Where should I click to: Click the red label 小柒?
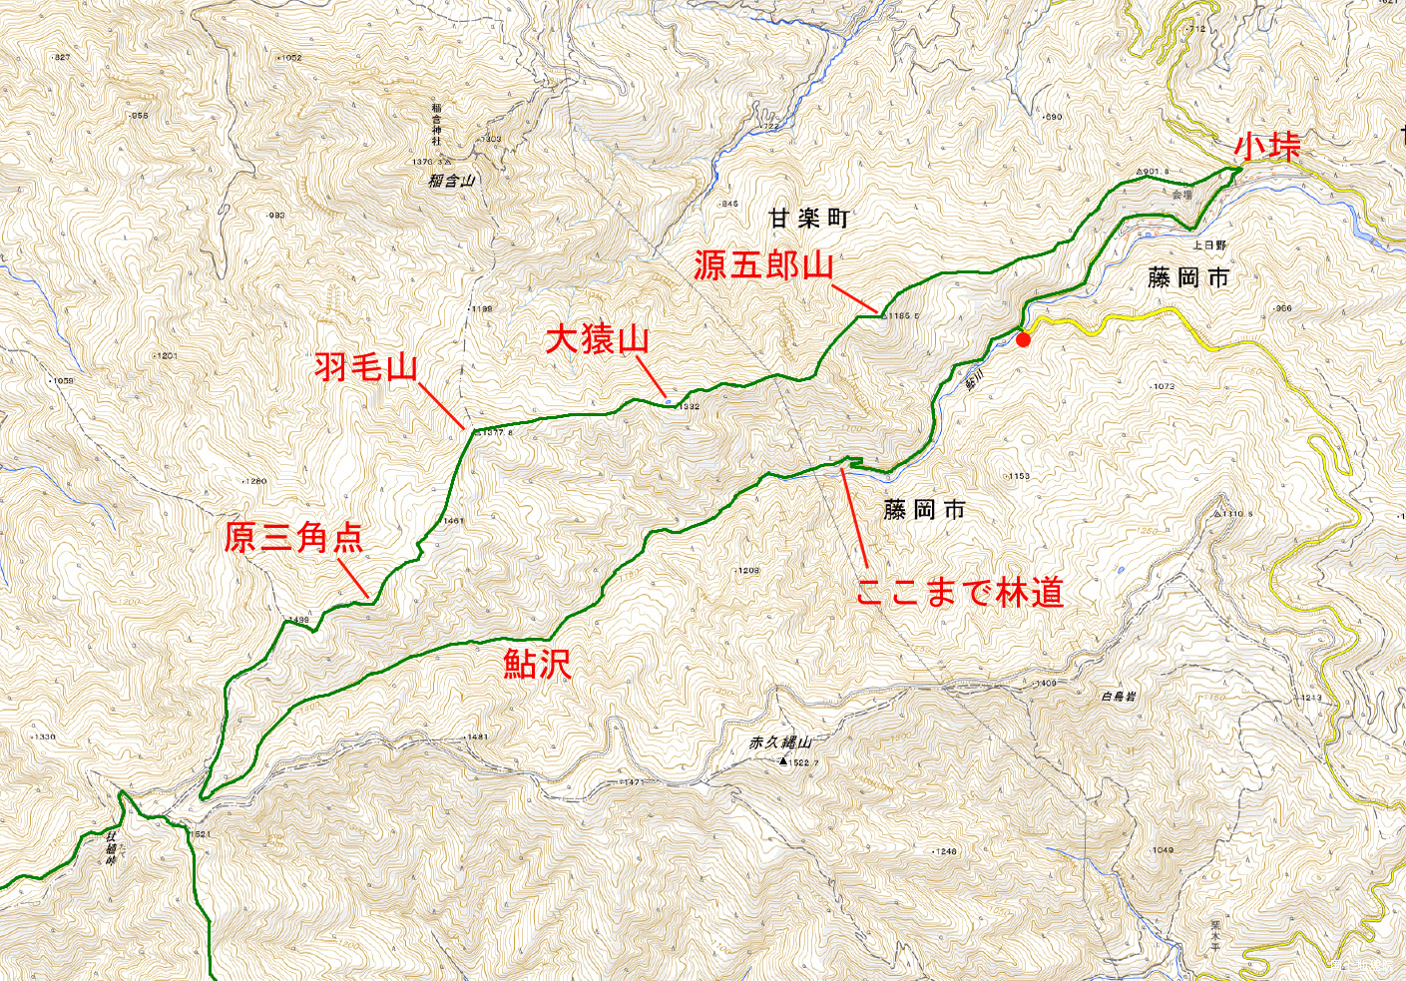point(1267,146)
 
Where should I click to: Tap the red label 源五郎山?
point(763,265)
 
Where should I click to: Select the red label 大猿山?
point(597,339)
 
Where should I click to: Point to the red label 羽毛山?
point(365,366)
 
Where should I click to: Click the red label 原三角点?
point(292,537)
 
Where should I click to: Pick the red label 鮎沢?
point(537,664)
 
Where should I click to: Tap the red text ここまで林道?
point(959,592)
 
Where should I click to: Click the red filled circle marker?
point(1023,339)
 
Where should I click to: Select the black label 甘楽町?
point(808,218)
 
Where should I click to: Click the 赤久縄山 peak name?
point(780,742)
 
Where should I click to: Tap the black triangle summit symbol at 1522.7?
point(783,761)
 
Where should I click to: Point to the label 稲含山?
point(451,182)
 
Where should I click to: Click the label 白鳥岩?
point(1118,697)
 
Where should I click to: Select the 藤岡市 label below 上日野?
point(1187,278)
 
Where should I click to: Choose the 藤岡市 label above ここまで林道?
point(924,510)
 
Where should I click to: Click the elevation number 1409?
point(1045,684)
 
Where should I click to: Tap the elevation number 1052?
point(290,58)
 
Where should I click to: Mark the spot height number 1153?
point(1019,476)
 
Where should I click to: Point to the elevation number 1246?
point(945,851)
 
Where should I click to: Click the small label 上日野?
point(1209,245)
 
